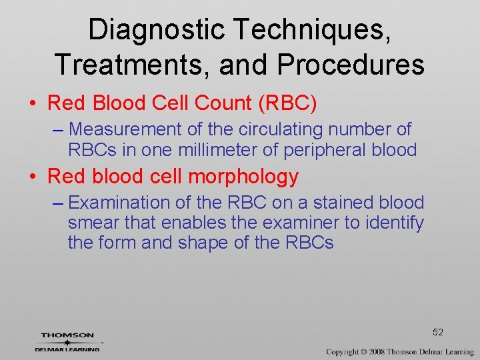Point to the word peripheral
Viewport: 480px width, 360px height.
pos(321,150)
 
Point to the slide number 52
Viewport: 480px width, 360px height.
pos(438,332)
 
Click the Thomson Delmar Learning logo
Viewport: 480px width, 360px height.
pos(68,341)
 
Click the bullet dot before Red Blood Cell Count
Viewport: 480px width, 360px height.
pos(32,104)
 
